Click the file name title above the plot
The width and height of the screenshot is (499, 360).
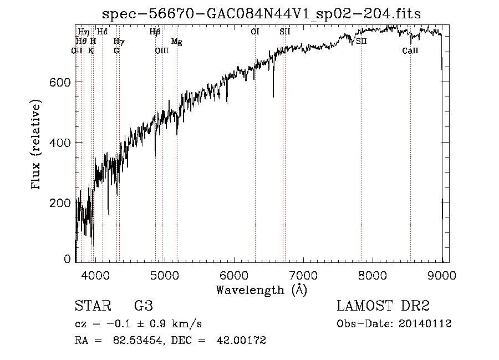click(x=262, y=14)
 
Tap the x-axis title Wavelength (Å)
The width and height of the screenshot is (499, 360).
click(x=261, y=290)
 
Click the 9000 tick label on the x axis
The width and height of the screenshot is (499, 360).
click(x=441, y=275)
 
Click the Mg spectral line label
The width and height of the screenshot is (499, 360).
click(x=176, y=42)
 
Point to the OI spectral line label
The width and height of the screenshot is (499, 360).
click(x=255, y=32)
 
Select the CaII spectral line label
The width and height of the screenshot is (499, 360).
click(x=410, y=50)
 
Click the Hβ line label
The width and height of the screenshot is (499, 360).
click(x=155, y=32)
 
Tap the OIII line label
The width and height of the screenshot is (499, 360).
click(x=161, y=50)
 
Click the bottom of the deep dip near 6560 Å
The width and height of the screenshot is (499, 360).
click(x=273, y=96)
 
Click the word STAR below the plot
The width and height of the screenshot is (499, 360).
click(x=92, y=306)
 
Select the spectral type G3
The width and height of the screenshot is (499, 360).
click(x=143, y=306)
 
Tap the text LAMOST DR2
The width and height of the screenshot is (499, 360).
click(x=383, y=306)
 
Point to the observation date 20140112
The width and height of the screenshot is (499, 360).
click(x=429, y=324)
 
